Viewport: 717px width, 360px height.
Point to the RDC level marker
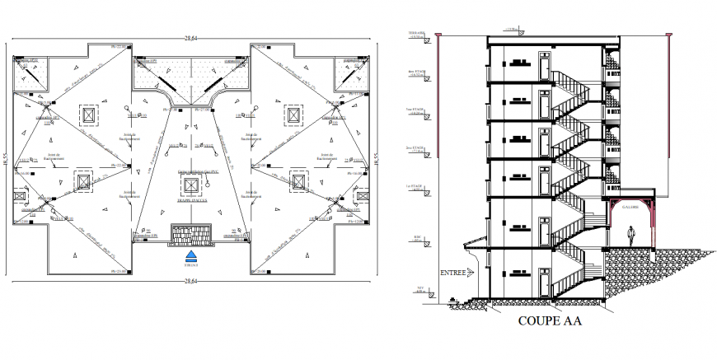tap(417, 239)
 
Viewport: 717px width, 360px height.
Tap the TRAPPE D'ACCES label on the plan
tap(194, 199)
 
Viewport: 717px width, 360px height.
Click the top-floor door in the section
tap(545, 64)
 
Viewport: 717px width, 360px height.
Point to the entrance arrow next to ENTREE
tap(473, 273)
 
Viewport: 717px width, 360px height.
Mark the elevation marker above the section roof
tap(512, 30)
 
